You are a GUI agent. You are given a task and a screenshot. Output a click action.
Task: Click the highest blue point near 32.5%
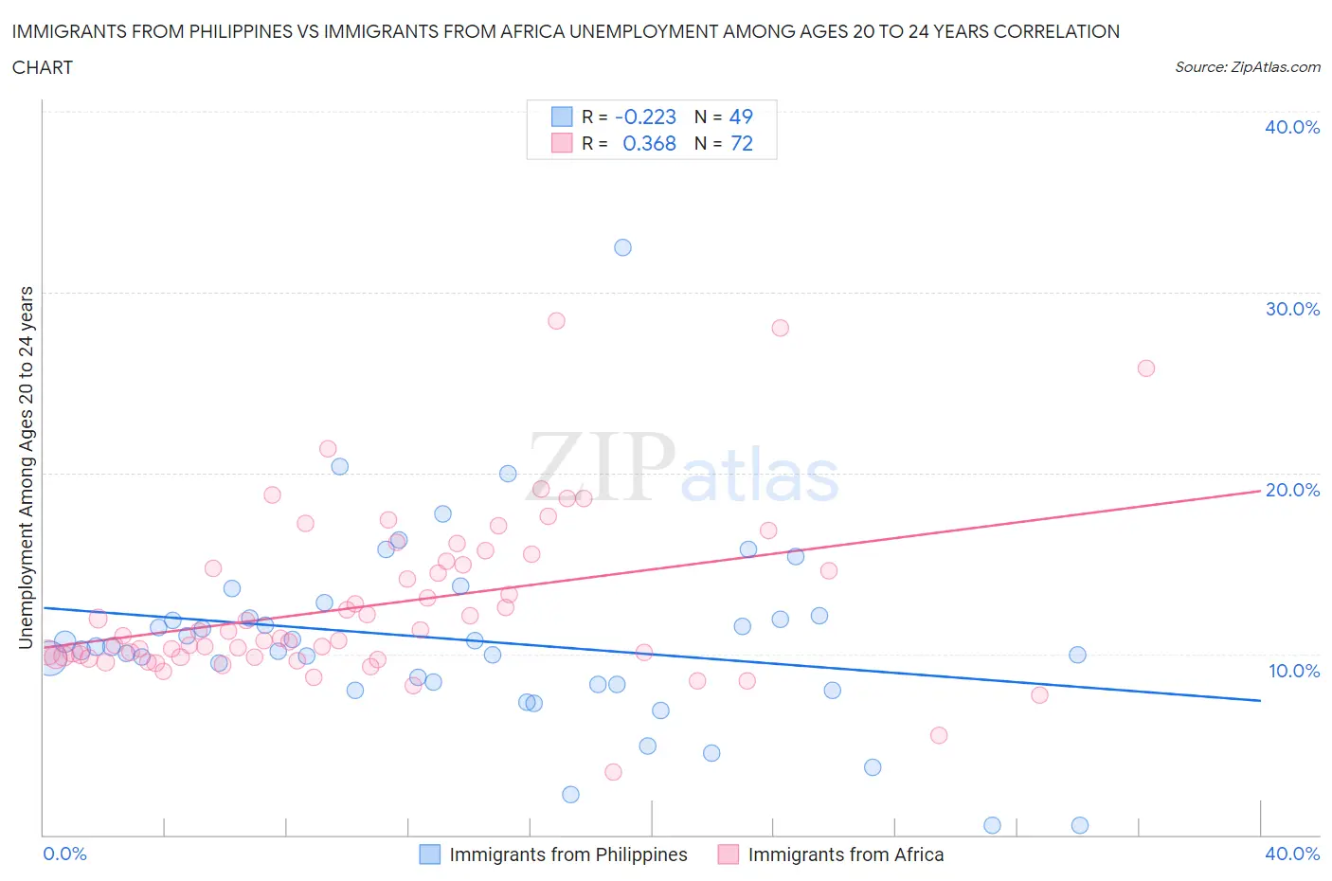[x=622, y=247]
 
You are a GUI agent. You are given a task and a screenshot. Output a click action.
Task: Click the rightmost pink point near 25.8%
[x=1146, y=369]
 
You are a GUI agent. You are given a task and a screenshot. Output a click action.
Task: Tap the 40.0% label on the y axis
[x=1292, y=127]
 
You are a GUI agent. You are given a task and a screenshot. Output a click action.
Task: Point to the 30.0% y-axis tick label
[x=1292, y=309]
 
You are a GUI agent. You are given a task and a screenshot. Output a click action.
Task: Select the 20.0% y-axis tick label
[x=1292, y=490]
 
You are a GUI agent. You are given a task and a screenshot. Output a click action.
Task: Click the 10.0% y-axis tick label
[x=1294, y=671]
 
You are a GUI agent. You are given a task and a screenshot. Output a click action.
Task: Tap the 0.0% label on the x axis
[x=65, y=854]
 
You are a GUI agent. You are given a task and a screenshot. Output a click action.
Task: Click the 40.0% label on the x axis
[x=1292, y=854]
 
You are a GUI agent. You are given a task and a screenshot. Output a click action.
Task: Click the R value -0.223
[x=645, y=117]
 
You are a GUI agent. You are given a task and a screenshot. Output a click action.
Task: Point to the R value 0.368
[x=649, y=143]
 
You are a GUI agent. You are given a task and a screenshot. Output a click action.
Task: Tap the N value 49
[x=741, y=117]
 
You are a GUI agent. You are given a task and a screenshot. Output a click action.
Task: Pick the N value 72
[x=741, y=143]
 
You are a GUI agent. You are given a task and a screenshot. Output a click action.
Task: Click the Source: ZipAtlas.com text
[x=1247, y=67]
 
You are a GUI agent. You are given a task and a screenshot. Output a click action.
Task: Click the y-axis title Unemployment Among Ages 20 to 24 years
[x=27, y=467]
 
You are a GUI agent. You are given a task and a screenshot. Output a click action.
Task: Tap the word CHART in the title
[x=43, y=67]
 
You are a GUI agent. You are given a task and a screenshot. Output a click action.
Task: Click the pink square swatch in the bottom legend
[x=728, y=854]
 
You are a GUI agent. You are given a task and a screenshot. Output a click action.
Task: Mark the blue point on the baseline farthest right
[x=1080, y=825]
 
